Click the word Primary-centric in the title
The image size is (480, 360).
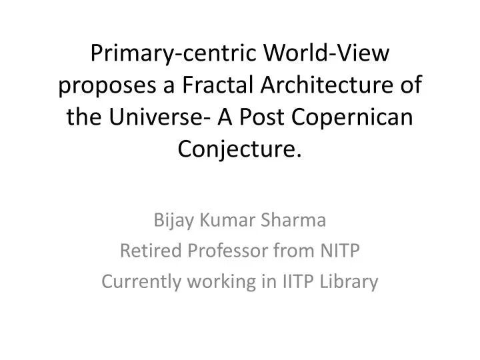coord(165,53)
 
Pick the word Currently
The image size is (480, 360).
coord(143,282)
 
